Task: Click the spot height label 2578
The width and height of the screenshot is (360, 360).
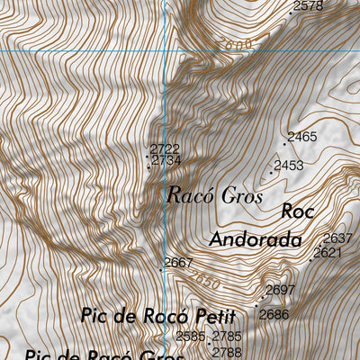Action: pos(309,6)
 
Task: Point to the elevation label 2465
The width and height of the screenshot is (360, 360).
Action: pos(302,138)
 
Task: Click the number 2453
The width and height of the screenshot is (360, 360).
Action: pos(289,166)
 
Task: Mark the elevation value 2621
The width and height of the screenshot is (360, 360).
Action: pos(328,253)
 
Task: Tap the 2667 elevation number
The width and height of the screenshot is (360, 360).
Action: pos(179,263)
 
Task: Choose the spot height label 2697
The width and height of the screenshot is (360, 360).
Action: pos(281,290)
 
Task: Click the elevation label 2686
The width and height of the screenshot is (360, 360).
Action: pos(274,314)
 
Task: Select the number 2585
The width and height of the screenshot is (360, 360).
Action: pos(191,337)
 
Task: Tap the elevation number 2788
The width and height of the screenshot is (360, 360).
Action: pos(228,352)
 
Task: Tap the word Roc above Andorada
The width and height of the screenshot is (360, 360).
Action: pos(297,212)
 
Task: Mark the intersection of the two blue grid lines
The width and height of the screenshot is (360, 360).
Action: pos(166,50)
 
